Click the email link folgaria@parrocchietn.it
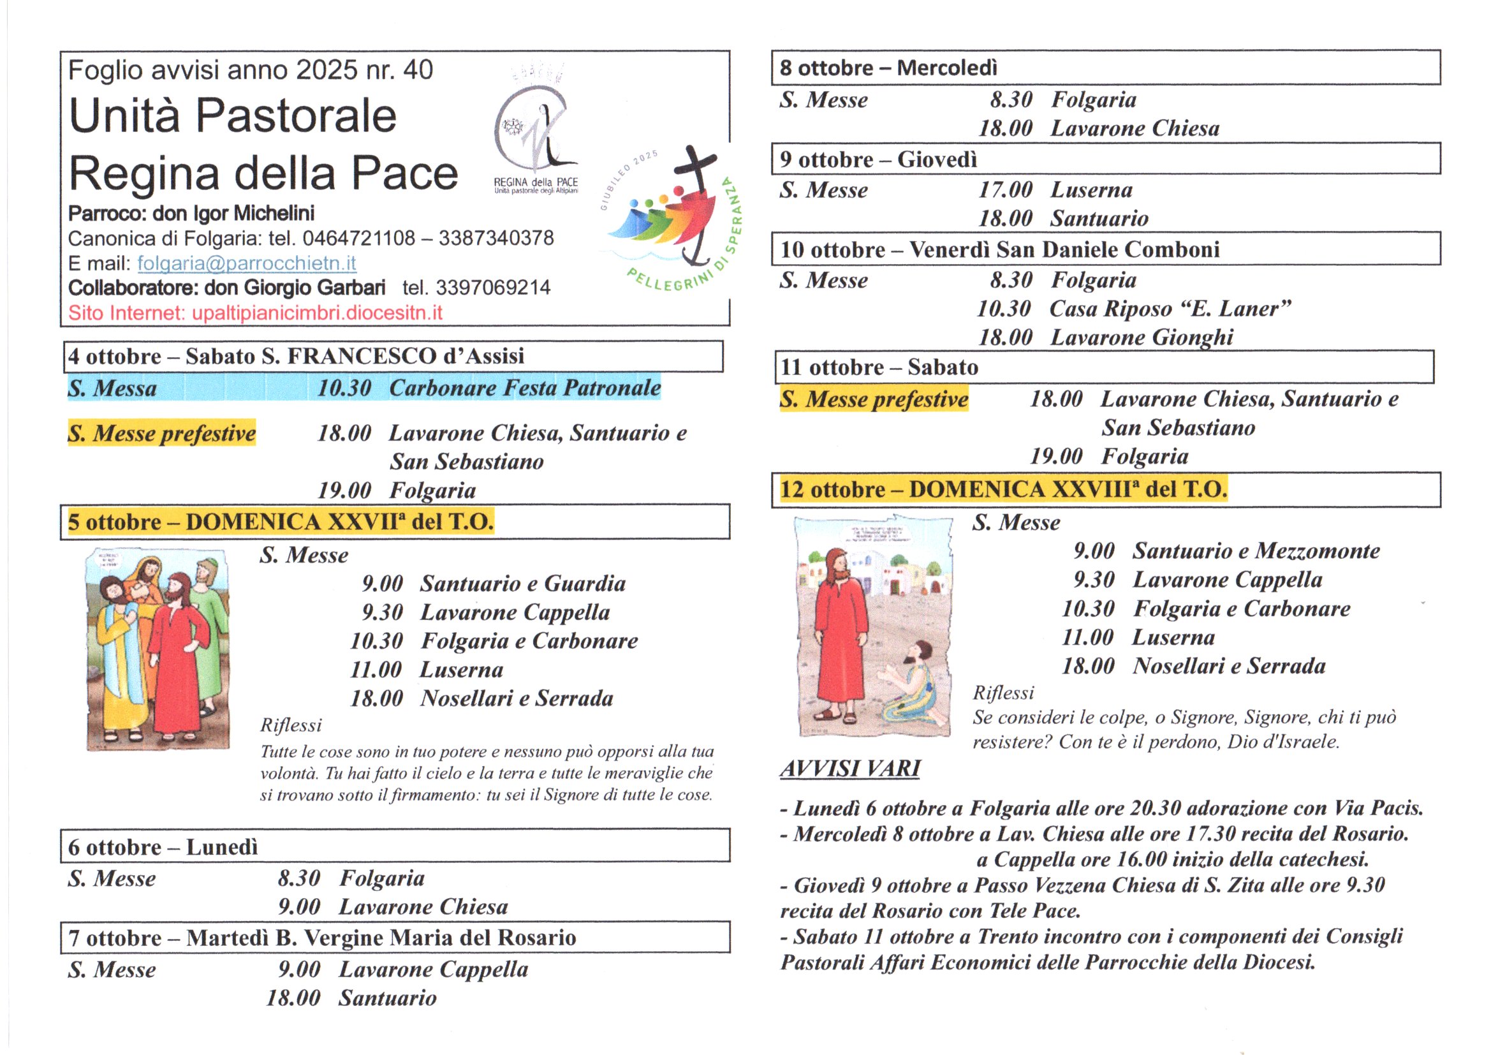(x=246, y=263)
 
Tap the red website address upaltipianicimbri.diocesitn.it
(x=317, y=313)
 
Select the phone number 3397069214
(x=493, y=287)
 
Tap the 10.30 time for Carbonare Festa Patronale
(x=344, y=388)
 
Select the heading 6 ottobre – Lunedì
(x=163, y=847)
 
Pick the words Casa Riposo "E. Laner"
(x=1170, y=309)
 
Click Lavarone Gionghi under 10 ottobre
(x=1142, y=337)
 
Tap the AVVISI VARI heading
(x=849, y=769)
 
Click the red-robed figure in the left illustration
(x=177, y=656)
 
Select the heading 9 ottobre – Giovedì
(x=878, y=159)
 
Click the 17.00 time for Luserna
(x=1005, y=189)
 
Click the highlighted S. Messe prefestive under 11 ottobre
(x=874, y=399)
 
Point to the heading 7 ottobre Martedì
(x=322, y=938)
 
